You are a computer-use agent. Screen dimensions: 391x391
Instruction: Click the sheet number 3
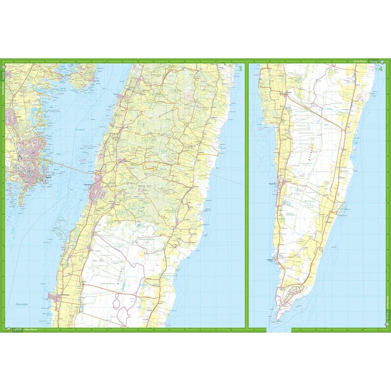241,68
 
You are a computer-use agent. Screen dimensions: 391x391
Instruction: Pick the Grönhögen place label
283,260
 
